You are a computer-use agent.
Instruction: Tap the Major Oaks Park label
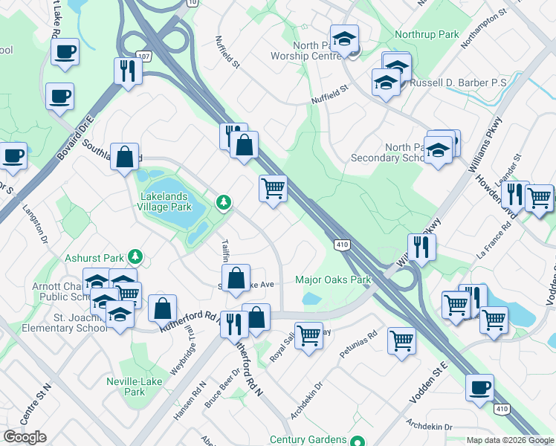(x=332, y=280)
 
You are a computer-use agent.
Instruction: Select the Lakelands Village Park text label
(x=166, y=201)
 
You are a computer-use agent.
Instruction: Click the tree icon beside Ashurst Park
(x=135, y=257)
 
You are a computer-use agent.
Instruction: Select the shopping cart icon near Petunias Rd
(x=401, y=341)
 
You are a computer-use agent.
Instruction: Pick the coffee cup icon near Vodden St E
(x=479, y=387)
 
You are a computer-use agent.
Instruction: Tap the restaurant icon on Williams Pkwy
(x=421, y=248)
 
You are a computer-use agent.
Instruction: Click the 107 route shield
(x=143, y=56)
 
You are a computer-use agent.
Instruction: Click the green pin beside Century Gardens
(x=358, y=441)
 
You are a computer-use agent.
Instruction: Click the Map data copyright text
(x=509, y=440)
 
